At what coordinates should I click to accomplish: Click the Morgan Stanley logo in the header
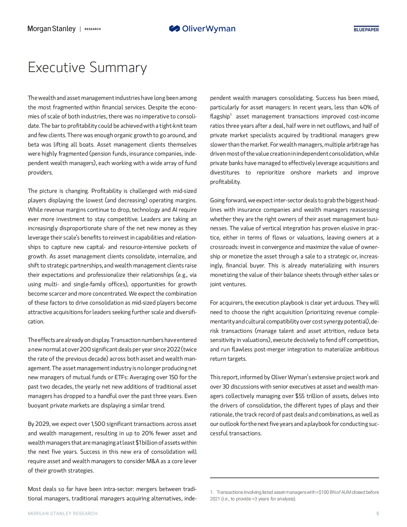(52, 29)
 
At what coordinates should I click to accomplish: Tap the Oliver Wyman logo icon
(174, 29)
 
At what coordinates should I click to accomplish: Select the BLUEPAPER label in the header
(366, 29)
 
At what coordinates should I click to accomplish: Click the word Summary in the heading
(118, 67)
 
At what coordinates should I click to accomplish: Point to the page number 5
(378, 514)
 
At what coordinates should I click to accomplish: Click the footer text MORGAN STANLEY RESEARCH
(63, 514)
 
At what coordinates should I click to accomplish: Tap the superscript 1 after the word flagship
(231, 115)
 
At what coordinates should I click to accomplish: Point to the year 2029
(43, 424)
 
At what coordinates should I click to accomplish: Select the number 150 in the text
(173, 377)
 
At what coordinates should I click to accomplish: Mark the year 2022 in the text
(173, 349)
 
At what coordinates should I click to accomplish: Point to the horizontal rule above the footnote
(294, 478)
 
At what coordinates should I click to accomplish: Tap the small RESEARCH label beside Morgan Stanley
(93, 29)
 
